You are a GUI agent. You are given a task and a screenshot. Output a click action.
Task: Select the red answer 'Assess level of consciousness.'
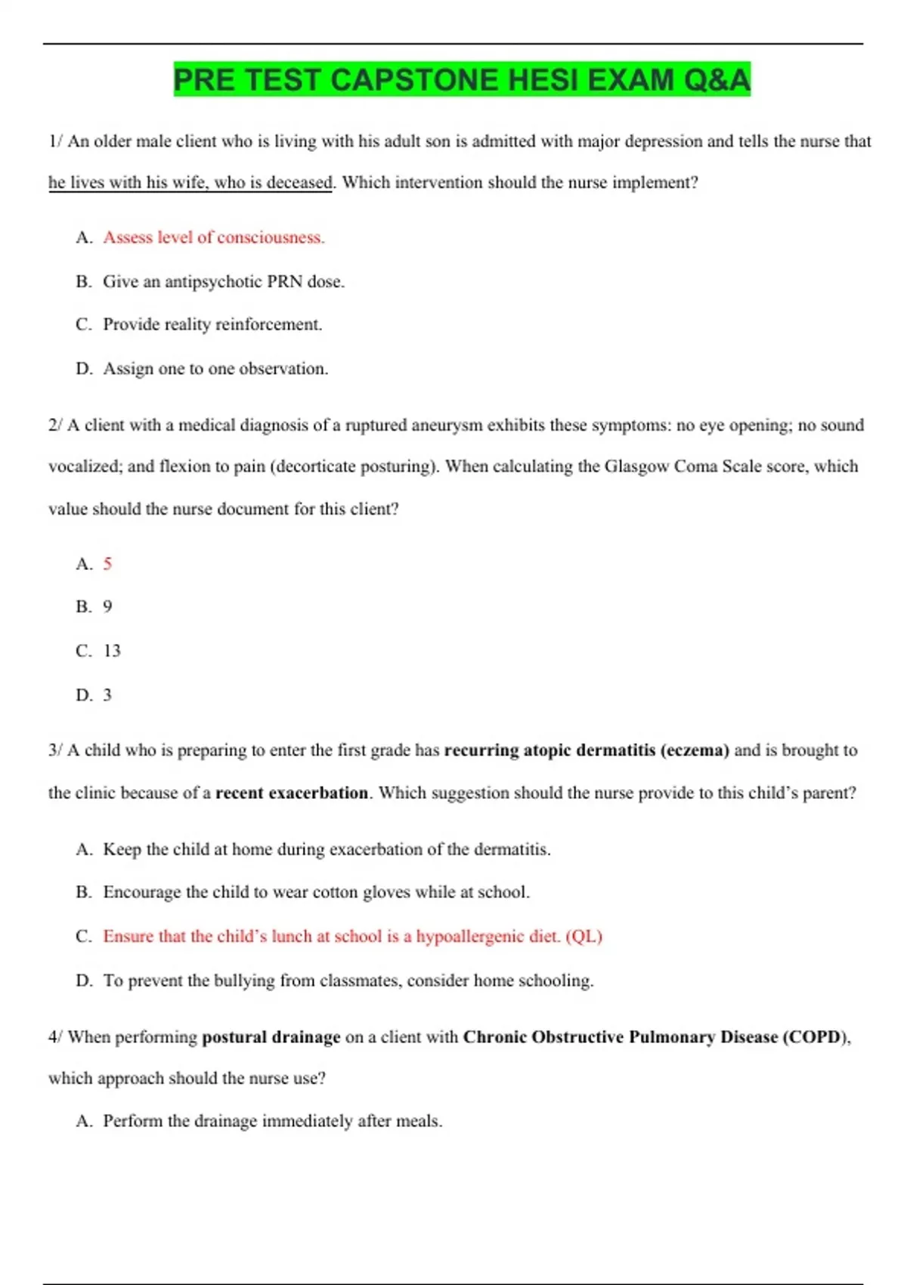(214, 237)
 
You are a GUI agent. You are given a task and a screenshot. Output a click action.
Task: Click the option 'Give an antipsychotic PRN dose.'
(224, 282)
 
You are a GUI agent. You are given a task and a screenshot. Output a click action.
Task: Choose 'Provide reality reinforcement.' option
(212, 324)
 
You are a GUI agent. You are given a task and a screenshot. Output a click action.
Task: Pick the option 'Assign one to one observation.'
(215, 369)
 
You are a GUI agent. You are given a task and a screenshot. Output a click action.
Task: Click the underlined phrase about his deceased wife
(190, 183)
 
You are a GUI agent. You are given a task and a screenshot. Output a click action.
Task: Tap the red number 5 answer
(107, 564)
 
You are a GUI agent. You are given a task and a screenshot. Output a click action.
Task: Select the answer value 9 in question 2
(107, 607)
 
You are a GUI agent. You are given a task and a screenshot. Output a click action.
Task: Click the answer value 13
(112, 651)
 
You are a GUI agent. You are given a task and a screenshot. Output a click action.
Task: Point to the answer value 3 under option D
(107, 695)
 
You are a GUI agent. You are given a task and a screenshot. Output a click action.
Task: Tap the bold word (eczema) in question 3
(695, 751)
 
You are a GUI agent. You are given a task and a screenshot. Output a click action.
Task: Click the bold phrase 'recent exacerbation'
(292, 793)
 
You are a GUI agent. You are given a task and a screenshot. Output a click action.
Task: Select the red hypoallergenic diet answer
(352, 937)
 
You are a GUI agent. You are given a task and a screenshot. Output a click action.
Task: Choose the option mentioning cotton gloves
(316, 893)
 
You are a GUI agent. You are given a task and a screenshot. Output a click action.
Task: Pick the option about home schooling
(348, 980)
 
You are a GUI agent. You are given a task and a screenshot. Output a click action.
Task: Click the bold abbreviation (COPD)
(816, 1037)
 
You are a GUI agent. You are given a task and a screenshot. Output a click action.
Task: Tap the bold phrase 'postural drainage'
(271, 1037)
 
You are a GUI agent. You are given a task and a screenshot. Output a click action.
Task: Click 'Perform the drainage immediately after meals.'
(272, 1121)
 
